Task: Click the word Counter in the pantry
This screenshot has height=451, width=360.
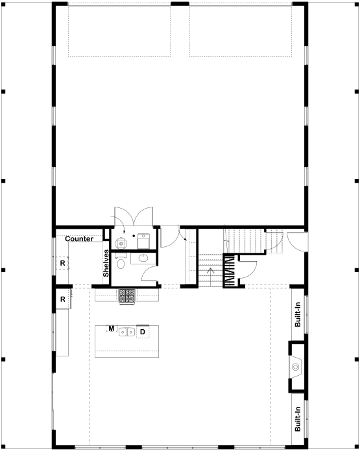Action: [x=79, y=238]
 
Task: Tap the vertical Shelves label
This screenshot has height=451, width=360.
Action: [x=106, y=263]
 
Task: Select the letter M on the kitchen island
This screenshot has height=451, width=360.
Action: [x=111, y=329]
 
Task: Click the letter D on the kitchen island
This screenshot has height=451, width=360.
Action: [x=142, y=332]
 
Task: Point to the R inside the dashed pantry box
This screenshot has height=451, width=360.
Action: [x=62, y=263]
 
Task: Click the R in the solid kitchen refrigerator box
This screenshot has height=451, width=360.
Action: [x=62, y=299]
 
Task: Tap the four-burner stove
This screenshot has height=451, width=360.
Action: [x=126, y=296]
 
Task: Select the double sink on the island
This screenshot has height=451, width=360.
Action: [x=126, y=332]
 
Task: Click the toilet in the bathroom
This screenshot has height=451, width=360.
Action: [x=121, y=261]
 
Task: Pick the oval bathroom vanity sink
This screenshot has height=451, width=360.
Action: [x=143, y=258]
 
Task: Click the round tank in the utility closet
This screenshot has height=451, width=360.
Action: [x=121, y=244]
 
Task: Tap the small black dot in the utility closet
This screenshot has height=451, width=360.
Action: [x=134, y=236]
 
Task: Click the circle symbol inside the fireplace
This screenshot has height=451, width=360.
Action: [x=295, y=367]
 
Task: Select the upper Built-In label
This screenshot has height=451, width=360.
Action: [x=298, y=314]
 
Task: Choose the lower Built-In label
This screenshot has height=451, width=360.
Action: [x=298, y=419]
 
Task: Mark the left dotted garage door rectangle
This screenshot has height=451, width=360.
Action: [x=119, y=30]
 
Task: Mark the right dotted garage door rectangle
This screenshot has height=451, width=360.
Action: [x=241, y=30]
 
